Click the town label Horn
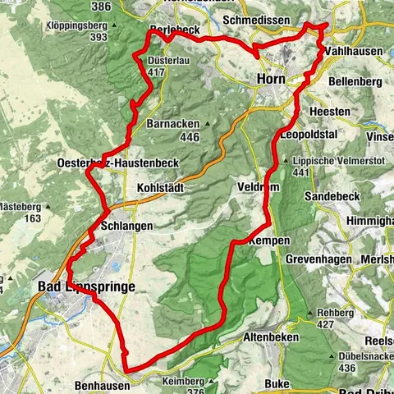[x=271, y=79]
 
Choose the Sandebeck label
[x=332, y=198]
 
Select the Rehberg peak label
[x=337, y=314]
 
